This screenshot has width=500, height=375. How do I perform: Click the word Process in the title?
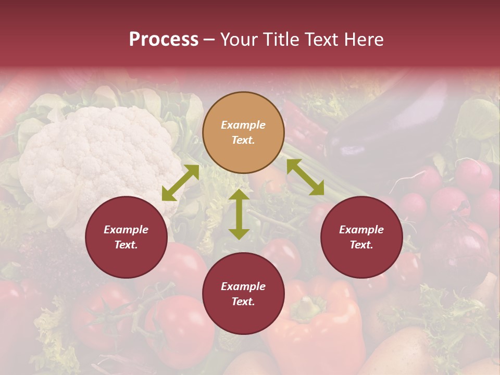[x=164, y=40]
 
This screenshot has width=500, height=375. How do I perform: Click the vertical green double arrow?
[x=239, y=215]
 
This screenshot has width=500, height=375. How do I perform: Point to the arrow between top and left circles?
[x=180, y=183]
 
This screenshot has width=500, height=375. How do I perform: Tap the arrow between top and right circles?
[x=306, y=177]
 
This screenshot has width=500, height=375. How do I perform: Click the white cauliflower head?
[x=99, y=156]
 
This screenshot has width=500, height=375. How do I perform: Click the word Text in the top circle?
[x=243, y=141]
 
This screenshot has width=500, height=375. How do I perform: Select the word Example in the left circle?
[x=126, y=230]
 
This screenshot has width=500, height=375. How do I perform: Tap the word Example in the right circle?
[x=361, y=230]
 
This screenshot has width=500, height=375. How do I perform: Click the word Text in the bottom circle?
[x=243, y=302]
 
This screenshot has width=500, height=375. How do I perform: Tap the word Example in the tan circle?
[x=243, y=125]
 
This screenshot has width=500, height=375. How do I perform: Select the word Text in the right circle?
[x=361, y=245]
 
